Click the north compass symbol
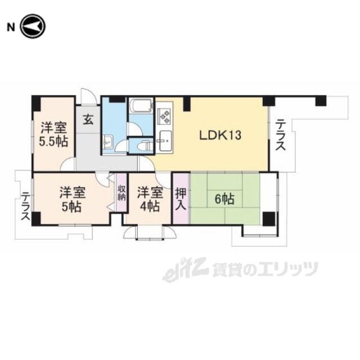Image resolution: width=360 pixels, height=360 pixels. point(33,26)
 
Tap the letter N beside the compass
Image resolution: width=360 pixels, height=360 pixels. point(11,28)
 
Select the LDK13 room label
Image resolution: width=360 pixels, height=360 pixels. point(220,135)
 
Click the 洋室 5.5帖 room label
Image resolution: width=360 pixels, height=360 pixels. point(54,134)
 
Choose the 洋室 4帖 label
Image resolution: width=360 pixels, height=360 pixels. point(150,199)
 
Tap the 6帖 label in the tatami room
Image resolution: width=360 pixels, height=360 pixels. point(224,199)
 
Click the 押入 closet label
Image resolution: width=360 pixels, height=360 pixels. point(181,199)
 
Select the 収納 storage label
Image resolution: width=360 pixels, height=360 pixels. point(121,192)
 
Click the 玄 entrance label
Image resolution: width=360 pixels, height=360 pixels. point(88,120)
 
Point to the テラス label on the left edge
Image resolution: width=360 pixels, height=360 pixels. point(25,206)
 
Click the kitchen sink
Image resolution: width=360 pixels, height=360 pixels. point(165,141)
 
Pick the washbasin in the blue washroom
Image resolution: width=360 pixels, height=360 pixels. point(107,142)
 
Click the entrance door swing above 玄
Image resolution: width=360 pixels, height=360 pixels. point(88,97)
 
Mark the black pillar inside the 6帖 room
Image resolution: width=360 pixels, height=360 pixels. point(269,219)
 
